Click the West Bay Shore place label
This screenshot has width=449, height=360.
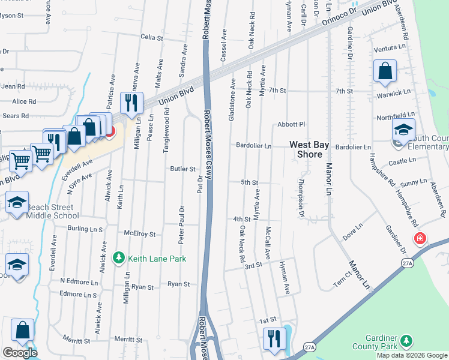coord(310,149)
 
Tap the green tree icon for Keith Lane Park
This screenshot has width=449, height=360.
coord(119,258)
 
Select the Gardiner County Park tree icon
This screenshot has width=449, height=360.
coord(407,341)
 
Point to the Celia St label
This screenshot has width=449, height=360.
coord(151,37)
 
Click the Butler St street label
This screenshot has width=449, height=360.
coord(183,169)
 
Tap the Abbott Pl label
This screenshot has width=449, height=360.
coord(291,124)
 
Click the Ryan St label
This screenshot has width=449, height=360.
coord(178,284)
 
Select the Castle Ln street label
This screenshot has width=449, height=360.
coord(402,161)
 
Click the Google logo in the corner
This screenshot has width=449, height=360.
coord(19,353)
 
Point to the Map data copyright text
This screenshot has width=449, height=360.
coord(411,355)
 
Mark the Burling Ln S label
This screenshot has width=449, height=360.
coord(85,229)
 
